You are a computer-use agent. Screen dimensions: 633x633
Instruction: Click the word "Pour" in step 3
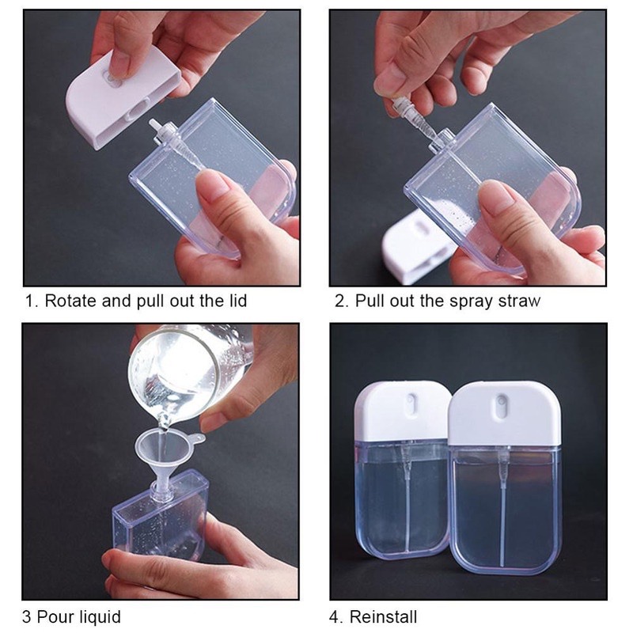[x=53, y=617]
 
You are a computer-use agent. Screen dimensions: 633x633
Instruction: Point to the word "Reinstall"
[x=383, y=617]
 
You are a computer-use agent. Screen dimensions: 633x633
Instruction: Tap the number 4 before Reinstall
[x=335, y=617]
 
